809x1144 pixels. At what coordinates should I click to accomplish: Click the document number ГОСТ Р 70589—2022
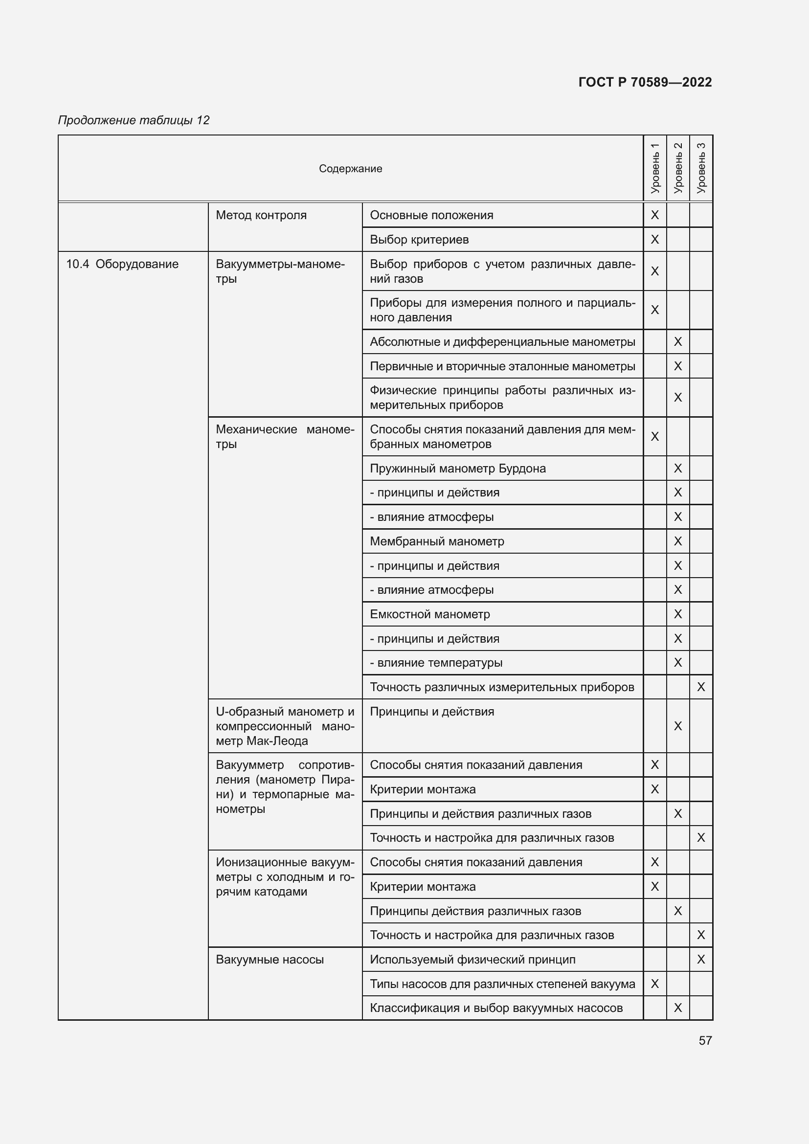pyautogui.click(x=645, y=82)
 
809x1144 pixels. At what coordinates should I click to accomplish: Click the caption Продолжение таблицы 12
pyautogui.click(x=134, y=120)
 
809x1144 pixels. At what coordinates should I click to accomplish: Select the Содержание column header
pyautogui.click(x=350, y=168)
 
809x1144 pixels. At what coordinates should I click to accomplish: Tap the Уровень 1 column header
pyautogui.click(x=654, y=168)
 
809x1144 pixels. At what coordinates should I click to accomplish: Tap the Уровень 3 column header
pyautogui.click(x=701, y=168)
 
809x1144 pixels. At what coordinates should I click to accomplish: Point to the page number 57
pyautogui.click(x=705, y=1040)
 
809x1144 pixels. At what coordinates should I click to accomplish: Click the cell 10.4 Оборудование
pyautogui.click(x=123, y=264)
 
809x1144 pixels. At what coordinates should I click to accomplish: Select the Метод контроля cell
pyautogui.click(x=261, y=215)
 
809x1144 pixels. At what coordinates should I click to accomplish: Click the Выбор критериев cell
pyautogui.click(x=419, y=240)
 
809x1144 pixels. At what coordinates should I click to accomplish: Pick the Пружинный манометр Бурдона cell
pyautogui.click(x=457, y=469)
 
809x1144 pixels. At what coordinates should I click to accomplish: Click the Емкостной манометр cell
pyautogui.click(x=429, y=614)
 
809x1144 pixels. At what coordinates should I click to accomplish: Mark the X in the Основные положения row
pyautogui.click(x=654, y=215)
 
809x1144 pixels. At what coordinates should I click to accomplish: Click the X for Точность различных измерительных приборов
pyautogui.click(x=701, y=687)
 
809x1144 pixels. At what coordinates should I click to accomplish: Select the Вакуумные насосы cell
pyautogui.click(x=270, y=960)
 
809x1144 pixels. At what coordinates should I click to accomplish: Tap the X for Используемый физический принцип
pyautogui.click(x=701, y=960)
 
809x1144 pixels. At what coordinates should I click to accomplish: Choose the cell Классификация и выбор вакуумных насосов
pyautogui.click(x=495, y=1008)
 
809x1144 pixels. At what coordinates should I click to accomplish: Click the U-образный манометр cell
pyautogui.click(x=285, y=726)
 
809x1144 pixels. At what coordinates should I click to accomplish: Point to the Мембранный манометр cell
pyautogui.click(x=436, y=541)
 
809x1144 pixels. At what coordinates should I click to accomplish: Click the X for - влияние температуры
pyautogui.click(x=677, y=663)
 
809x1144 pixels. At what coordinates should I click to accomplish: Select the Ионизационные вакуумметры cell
pyautogui.click(x=285, y=877)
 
